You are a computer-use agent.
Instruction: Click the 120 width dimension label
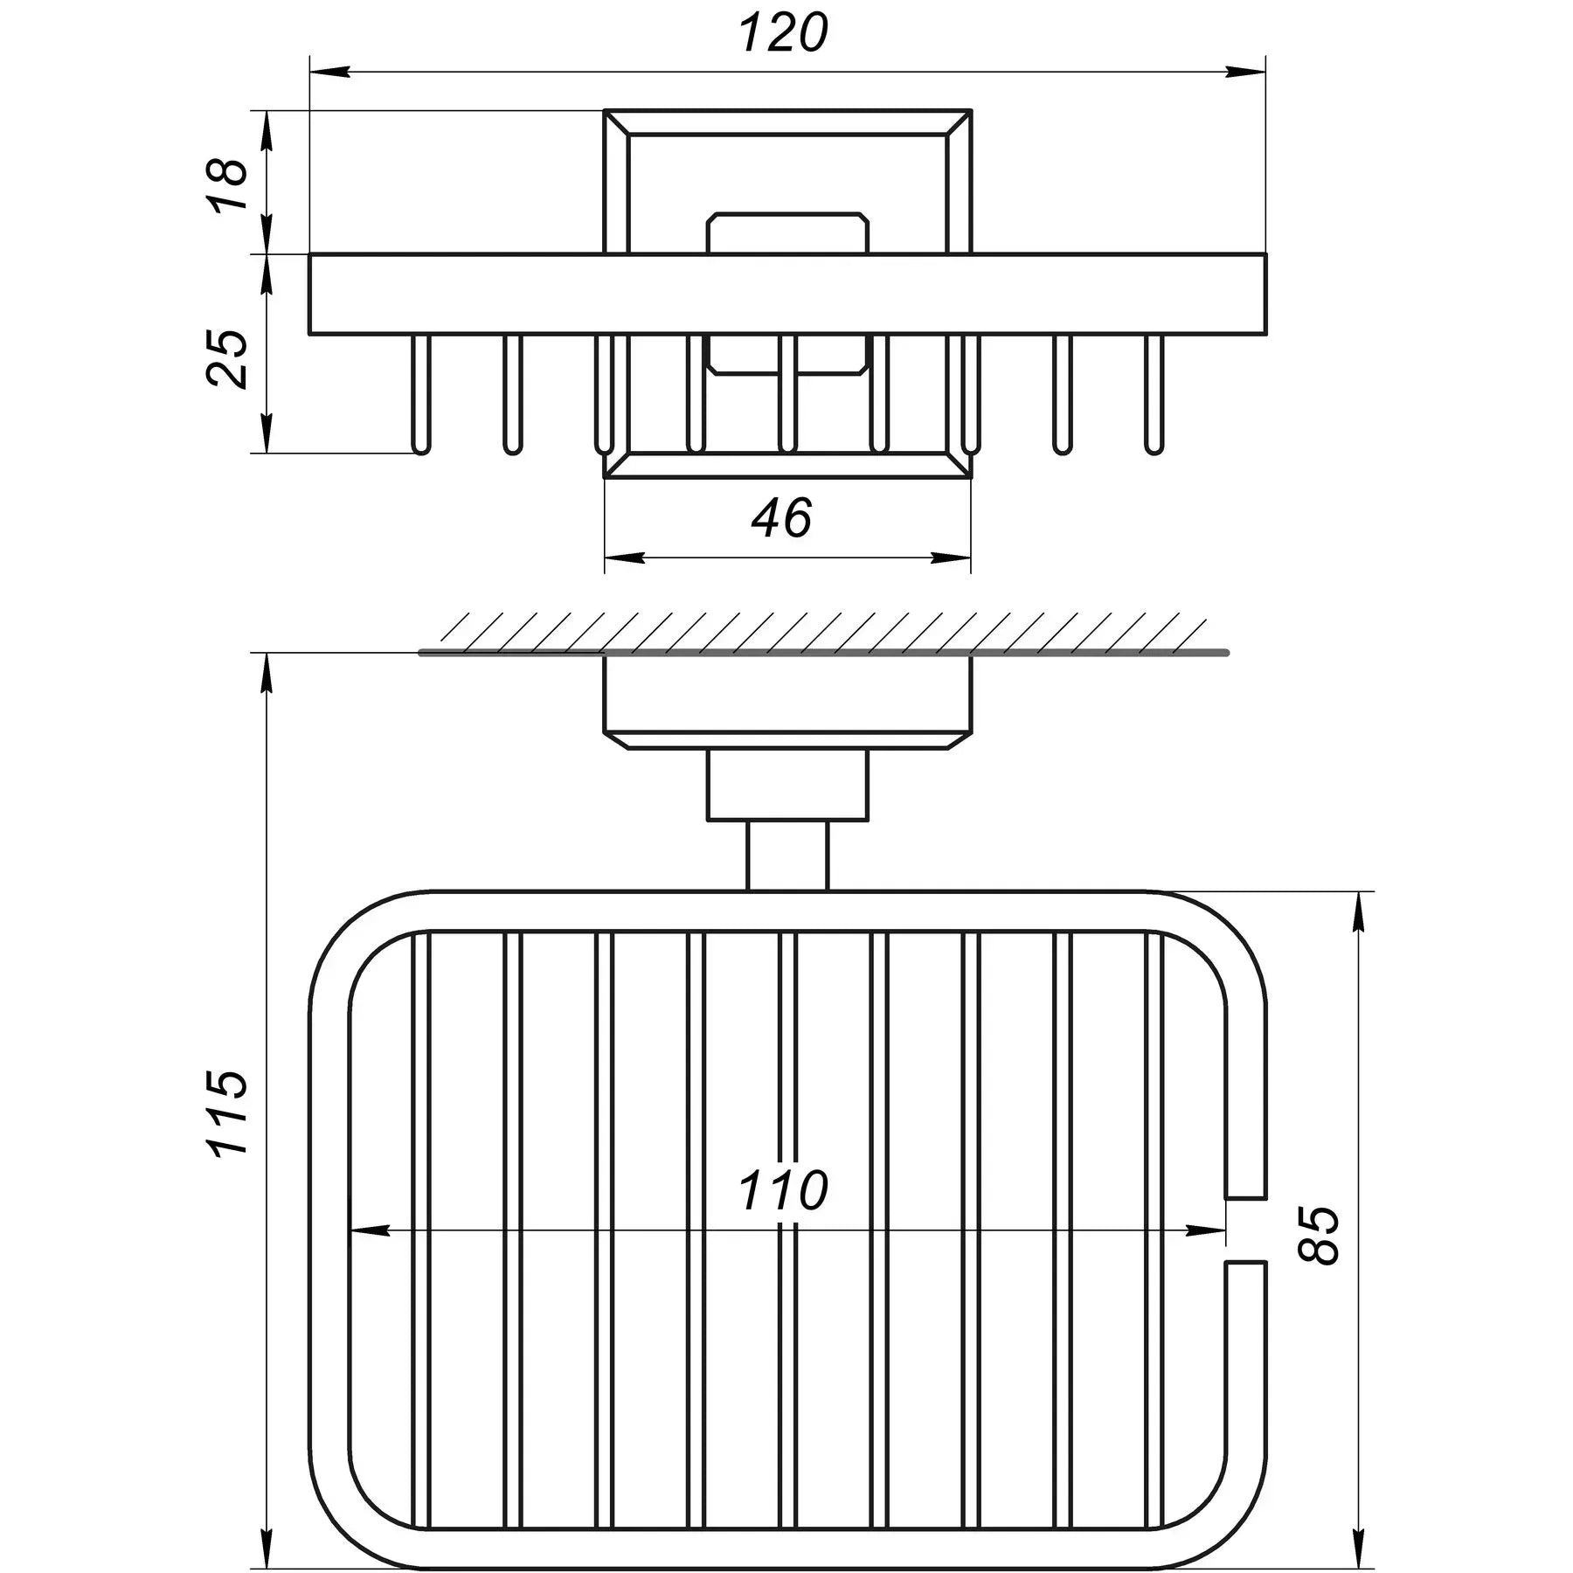783,35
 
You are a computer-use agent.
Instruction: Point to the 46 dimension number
782,517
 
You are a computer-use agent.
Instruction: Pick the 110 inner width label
783,1190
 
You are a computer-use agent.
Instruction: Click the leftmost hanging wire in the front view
421,393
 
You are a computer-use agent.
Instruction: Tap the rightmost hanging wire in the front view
1154,393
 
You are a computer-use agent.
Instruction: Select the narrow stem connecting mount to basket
787,856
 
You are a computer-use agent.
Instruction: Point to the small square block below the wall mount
787,786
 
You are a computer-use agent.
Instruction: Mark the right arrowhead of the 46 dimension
953,558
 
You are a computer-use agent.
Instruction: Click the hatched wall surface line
821,652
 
